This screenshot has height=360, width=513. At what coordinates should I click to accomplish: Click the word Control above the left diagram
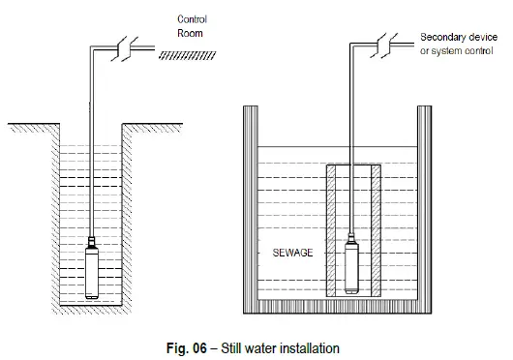[x=192, y=19]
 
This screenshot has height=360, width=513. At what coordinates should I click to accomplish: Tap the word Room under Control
[x=188, y=32]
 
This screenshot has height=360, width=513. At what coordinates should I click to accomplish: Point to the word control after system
[x=479, y=49]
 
